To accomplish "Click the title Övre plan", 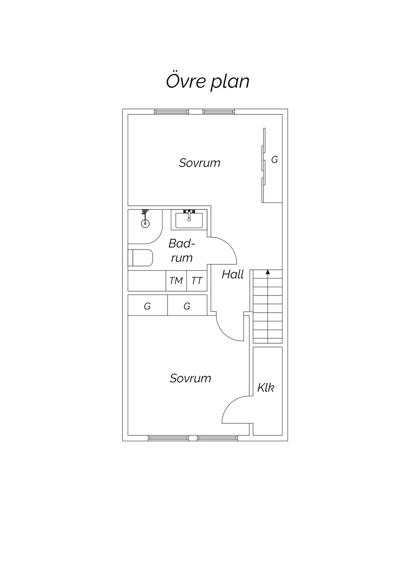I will (208, 81).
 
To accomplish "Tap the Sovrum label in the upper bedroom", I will (199, 163).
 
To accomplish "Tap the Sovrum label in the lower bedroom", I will (190, 378).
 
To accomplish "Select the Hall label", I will (232, 274).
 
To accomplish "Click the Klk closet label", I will (265, 387).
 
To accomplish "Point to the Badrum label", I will (181, 251).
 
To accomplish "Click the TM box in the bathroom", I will (176, 281).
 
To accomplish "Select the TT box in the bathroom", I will (197, 281).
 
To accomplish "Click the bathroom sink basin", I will (189, 220).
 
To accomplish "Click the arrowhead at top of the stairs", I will (268, 272).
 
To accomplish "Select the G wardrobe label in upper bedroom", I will (274, 159).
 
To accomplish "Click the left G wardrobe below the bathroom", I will (147, 306).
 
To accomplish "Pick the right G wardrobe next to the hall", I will (187, 306).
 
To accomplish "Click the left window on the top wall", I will (171, 112).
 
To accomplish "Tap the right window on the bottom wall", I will (217, 438).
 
